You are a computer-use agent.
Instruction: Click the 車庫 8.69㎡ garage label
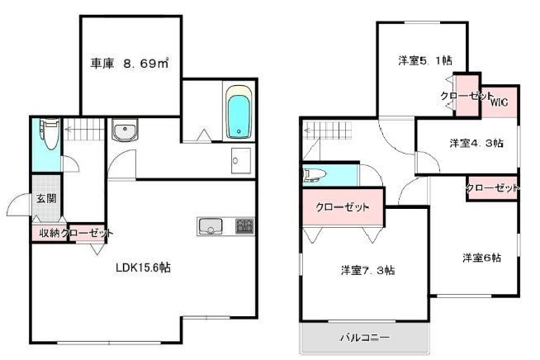tap(129, 61)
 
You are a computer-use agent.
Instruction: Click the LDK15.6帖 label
tap(143, 268)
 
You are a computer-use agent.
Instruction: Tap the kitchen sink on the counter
tap(210, 225)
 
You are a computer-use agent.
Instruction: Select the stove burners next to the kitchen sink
tap(244, 225)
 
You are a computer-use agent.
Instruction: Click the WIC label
tap(499, 102)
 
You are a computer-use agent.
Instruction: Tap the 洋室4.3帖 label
tap(476, 143)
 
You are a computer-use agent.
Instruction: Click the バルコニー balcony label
tap(364, 338)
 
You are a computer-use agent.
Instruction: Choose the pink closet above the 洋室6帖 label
tap(492, 188)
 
